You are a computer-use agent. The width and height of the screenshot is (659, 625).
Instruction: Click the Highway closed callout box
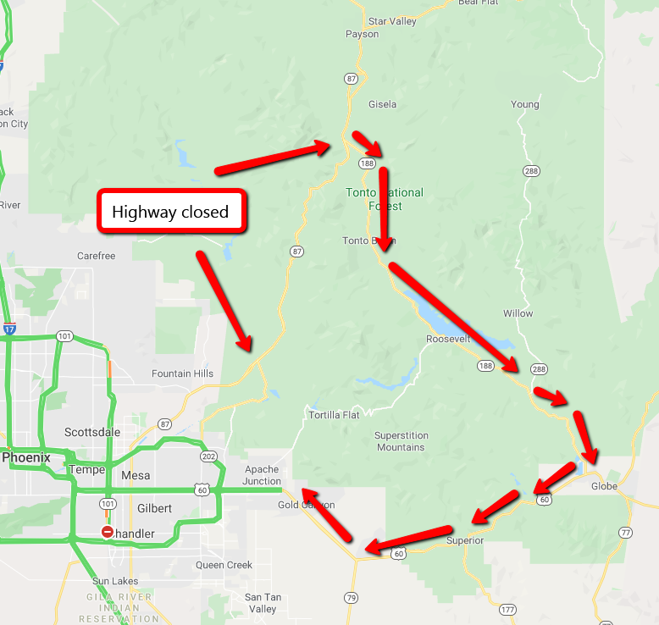coord(170,211)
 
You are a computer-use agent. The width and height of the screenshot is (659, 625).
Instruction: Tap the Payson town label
coord(362,35)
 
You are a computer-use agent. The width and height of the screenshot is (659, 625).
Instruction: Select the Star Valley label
coord(392,21)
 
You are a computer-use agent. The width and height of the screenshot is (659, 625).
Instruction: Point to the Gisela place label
coord(382,105)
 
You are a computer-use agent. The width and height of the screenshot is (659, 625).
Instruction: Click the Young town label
coord(524,105)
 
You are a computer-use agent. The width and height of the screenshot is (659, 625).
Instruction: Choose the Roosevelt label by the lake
coord(447,339)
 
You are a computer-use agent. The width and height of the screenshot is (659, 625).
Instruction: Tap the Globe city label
coord(604,486)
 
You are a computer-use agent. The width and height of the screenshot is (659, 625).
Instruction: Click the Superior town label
coord(464,540)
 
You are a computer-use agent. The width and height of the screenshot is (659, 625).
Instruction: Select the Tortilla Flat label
coord(334,415)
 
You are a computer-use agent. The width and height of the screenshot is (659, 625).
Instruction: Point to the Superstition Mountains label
coord(401,441)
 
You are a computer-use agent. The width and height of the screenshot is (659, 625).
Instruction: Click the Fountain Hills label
coord(182,373)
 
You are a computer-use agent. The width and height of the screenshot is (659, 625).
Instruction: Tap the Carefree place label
coord(96,256)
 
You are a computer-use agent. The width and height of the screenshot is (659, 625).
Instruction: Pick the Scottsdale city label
coord(92,432)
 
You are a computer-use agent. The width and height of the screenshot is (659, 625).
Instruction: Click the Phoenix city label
coord(25,458)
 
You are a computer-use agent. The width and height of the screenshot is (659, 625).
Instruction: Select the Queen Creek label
coord(224,565)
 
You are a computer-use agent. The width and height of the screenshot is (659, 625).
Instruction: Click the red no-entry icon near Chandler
coord(108,532)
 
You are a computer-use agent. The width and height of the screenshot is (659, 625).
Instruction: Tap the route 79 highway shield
coord(351,598)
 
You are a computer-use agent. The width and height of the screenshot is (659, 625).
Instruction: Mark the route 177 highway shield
coord(507,610)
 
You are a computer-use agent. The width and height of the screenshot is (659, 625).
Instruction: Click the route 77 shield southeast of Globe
coord(625,533)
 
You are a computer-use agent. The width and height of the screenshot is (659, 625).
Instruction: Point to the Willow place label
coord(518,313)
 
